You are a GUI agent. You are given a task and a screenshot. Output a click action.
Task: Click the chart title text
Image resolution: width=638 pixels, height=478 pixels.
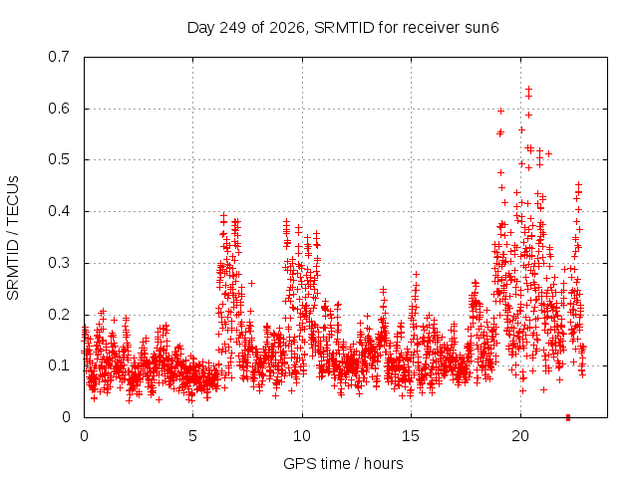point(343,28)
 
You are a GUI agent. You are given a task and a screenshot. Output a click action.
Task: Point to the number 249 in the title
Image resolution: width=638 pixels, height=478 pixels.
point(232,28)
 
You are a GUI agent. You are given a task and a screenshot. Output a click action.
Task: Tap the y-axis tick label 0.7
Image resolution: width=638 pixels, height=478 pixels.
point(59,57)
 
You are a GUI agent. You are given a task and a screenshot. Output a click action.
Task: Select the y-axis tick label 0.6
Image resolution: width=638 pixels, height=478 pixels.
point(59,109)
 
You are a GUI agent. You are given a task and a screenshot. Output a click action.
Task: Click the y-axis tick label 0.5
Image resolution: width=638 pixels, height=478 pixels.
point(59,159)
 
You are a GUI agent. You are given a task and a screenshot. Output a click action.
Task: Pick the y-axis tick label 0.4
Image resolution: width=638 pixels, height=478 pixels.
point(59,211)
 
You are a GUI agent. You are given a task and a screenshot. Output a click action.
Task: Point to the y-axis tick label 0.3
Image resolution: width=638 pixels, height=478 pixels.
point(59,263)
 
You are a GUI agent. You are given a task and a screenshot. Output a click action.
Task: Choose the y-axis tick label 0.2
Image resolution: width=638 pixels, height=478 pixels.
point(59,315)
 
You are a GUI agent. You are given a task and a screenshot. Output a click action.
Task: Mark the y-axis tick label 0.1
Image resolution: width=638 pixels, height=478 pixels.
point(59,365)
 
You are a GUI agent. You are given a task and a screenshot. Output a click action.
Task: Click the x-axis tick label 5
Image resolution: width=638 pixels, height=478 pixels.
point(192,436)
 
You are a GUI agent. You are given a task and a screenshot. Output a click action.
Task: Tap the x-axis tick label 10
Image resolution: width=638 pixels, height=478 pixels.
point(301,436)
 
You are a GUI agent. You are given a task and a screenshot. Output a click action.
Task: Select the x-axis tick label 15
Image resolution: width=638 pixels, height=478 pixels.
point(411,436)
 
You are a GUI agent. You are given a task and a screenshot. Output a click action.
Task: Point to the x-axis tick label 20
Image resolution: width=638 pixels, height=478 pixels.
point(520,436)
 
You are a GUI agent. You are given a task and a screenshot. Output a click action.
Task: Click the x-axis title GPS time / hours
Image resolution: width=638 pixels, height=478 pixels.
point(343,463)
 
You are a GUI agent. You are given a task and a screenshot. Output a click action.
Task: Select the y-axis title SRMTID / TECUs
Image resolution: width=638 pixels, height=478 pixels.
point(13,238)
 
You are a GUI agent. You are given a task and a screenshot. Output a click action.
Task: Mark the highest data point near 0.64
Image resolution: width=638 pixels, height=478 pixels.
point(529,89)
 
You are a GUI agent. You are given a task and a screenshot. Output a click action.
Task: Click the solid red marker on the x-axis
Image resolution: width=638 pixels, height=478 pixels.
point(568,417)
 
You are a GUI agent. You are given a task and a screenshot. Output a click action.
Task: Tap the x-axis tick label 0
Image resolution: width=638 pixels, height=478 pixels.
point(84,436)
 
